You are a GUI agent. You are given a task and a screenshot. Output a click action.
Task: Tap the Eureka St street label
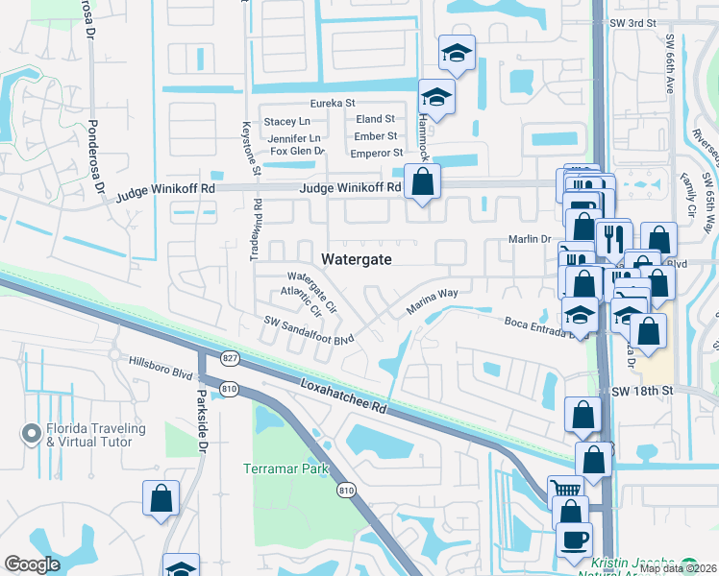pyautogui.click(x=331, y=103)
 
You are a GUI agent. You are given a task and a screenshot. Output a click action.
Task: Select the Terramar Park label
pyautogui.click(x=285, y=469)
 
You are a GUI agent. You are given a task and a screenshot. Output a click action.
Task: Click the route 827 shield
pyautogui.click(x=229, y=358)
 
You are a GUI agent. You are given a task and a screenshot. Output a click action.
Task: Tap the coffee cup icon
pyautogui.click(x=575, y=540)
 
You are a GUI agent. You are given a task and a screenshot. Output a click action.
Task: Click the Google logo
pyautogui.click(x=32, y=564)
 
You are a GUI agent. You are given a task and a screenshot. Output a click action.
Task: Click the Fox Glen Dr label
pyautogui.click(x=297, y=152)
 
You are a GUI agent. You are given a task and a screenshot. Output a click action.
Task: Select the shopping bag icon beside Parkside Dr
pyautogui.click(x=161, y=498)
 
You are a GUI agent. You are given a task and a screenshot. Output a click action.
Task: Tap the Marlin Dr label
pyautogui.click(x=529, y=240)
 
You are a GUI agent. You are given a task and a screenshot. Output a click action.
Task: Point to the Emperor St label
pyautogui.click(x=376, y=153)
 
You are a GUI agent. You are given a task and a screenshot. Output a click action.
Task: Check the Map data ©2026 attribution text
pyautogui.click(x=677, y=568)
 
